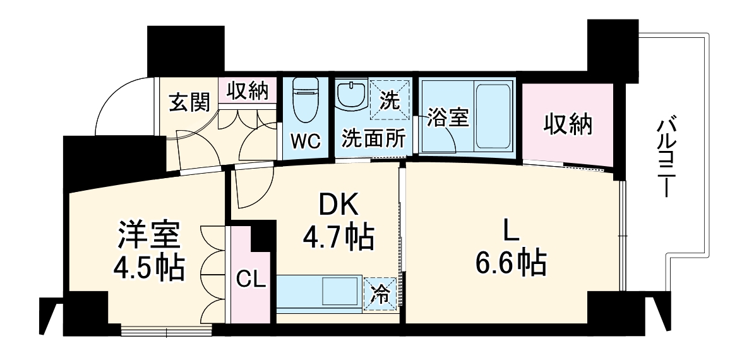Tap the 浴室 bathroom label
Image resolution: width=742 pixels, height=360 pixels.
[448, 118]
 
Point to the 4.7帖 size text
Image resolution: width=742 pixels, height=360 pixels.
[338, 237]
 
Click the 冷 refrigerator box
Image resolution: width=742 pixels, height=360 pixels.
[381, 294]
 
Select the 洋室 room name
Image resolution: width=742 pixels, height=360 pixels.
[150, 237]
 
